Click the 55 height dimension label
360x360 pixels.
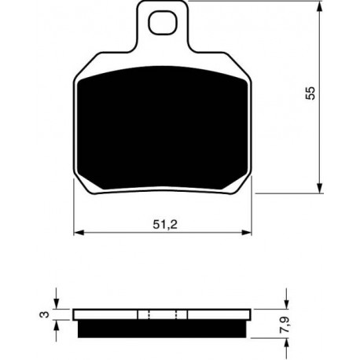pyautogui.click(x=310, y=93)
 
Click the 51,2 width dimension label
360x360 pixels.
pyautogui.click(x=165, y=225)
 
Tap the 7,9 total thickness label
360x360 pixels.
pyautogui.click(x=285, y=325)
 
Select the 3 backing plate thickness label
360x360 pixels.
pyautogui.click(x=44, y=314)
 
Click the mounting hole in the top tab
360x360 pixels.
pyautogui.click(x=162, y=23)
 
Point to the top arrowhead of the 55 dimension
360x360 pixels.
pyautogui.click(x=319, y=6)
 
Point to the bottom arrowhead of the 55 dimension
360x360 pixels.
pyautogui.click(x=319, y=188)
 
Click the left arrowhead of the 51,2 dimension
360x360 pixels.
pyautogui.click(x=79, y=233)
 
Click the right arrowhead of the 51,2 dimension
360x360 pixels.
pyautogui.click(x=246, y=233)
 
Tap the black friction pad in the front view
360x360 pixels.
pyautogui.click(x=163, y=127)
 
